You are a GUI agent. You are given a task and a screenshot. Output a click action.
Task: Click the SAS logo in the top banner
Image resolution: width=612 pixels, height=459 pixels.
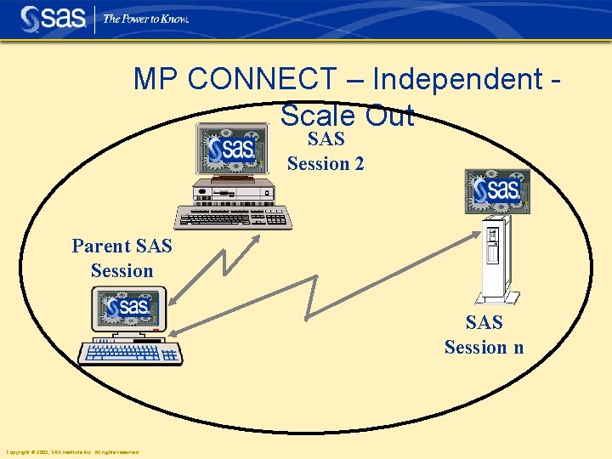click(x=54, y=19)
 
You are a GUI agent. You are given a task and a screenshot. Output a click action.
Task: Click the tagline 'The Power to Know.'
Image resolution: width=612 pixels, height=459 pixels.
click(x=145, y=19)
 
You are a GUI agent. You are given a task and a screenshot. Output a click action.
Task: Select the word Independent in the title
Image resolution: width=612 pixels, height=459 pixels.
click(x=457, y=79)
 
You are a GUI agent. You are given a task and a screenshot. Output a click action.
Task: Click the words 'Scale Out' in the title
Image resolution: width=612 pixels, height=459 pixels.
click(x=347, y=115)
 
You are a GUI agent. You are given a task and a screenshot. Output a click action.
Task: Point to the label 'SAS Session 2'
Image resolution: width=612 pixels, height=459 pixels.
click(x=326, y=151)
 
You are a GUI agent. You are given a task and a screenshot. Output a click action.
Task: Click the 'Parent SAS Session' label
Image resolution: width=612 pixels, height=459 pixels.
click(x=122, y=258)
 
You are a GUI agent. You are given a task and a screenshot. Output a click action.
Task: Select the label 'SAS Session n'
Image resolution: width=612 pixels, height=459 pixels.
click(x=484, y=335)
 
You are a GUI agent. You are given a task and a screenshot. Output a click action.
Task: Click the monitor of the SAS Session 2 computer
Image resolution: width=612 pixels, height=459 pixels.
click(x=230, y=150)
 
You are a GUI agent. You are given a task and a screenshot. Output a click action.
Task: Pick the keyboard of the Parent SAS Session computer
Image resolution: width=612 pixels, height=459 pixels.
click(x=130, y=352)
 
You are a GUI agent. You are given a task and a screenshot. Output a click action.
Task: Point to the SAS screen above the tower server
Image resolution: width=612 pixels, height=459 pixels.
click(x=497, y=190)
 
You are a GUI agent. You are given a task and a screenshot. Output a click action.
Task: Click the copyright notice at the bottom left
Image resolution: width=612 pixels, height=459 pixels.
click(x=72, y=452)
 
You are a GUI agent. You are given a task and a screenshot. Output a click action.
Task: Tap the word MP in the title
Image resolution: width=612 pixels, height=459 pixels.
click(x=156, y=79)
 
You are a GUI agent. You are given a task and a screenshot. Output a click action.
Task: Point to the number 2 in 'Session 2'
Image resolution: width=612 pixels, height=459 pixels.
click(x=359, y=163)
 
